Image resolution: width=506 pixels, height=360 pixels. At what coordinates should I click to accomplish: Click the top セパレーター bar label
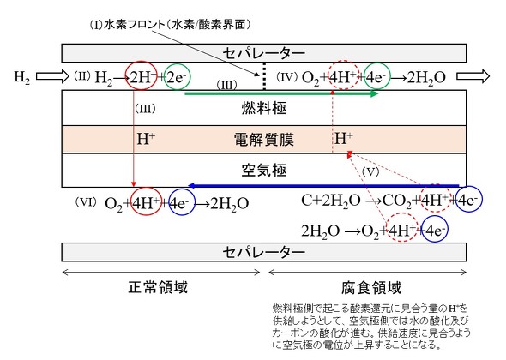263,53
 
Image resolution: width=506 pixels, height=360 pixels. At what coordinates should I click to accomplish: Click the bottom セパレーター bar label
263,252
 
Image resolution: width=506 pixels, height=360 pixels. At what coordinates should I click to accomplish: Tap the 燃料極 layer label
263,108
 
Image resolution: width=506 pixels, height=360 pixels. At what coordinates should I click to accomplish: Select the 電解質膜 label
263,140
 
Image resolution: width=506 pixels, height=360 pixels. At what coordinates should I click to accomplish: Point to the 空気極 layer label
263,170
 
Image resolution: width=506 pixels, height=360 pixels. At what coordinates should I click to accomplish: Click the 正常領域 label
158,287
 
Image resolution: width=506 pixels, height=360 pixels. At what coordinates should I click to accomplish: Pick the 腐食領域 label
371,287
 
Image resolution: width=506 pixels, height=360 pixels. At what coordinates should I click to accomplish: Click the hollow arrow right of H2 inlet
52,76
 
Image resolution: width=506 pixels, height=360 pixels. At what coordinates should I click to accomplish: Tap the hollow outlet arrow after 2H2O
473,76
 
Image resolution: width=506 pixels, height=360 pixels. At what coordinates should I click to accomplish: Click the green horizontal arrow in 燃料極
281,94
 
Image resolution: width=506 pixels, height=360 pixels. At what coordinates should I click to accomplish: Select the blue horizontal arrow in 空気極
323,185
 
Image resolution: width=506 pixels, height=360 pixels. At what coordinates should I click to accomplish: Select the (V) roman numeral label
370,171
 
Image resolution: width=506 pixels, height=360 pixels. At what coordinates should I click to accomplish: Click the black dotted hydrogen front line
264,76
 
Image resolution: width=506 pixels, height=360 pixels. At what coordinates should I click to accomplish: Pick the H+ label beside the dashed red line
344,138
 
